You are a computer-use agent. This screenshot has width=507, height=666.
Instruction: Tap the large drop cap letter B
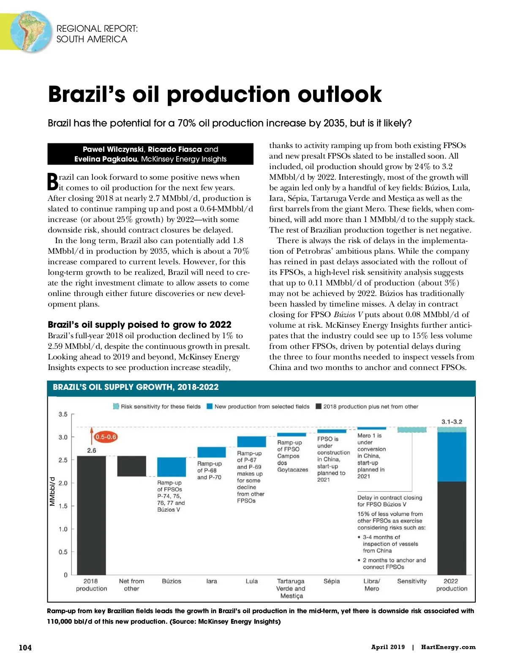coord(53,182)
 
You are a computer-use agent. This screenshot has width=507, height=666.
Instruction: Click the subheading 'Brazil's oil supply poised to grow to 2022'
coord(139,324)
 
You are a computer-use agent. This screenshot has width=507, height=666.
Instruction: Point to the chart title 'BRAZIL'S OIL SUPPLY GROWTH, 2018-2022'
coord(136,387)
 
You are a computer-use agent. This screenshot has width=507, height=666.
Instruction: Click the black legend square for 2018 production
coord(319,406)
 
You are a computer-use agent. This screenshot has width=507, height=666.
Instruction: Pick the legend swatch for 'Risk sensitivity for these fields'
coord(116,406)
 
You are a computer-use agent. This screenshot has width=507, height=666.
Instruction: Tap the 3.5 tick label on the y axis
coord(63,414)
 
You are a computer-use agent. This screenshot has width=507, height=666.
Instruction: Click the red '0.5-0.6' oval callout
coord(106,437)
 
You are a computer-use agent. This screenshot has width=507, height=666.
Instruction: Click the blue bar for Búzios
coord(172,467)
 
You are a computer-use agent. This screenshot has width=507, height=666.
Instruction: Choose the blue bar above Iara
coord(212,452)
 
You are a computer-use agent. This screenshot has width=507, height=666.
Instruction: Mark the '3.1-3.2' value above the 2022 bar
coord(452,422)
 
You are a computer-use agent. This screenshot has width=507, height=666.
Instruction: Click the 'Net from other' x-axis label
coord(131,585)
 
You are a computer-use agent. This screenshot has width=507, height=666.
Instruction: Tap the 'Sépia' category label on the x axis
coord(332,581)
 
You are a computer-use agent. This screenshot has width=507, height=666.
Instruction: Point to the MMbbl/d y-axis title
coord(52,491)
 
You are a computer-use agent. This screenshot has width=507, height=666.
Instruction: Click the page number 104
coord(25,647)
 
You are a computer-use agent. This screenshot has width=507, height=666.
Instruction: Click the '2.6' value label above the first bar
coord(92,450)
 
